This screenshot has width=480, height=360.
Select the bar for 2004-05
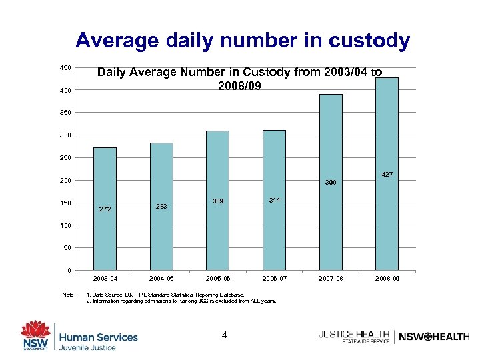pos(161,206)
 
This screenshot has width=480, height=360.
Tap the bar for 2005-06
pos(217,200)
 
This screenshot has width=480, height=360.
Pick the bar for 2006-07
pos(274,200)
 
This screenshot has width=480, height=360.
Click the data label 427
pos(387,174)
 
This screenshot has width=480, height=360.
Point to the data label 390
pos(331,181)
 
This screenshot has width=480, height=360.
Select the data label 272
pos(105,209)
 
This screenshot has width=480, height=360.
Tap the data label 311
pos(274,200)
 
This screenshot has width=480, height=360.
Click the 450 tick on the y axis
pos(65,68)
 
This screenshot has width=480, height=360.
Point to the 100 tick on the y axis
pos(65,226)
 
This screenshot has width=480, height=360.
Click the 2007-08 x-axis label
pos(331,277)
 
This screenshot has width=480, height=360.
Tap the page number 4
pos(225,335)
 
